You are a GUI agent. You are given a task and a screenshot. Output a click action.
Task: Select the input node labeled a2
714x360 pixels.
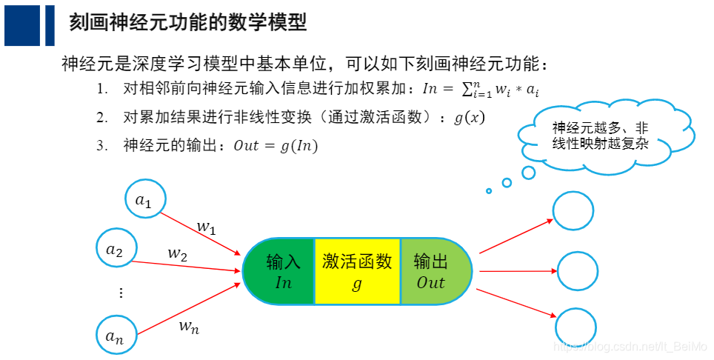116,250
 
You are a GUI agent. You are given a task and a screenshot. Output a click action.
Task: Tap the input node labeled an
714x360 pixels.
116,336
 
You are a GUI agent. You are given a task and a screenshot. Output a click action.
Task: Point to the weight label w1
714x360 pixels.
206,226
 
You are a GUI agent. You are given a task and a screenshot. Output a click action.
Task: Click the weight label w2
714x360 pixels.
177,253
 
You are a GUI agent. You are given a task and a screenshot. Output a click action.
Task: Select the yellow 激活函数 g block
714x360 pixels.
357,271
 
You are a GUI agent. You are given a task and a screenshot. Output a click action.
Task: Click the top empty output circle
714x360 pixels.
573,210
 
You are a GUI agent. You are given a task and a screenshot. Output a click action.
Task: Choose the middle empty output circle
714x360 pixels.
577,271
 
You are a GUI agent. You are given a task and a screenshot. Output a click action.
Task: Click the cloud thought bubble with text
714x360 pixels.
600,135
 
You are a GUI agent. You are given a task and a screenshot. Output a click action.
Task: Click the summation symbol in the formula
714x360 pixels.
467,89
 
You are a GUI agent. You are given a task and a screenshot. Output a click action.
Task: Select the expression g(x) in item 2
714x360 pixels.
469,118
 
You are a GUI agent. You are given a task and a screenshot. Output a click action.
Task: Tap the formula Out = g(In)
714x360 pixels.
276,146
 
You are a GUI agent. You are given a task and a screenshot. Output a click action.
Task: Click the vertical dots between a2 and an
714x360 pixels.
121,293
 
